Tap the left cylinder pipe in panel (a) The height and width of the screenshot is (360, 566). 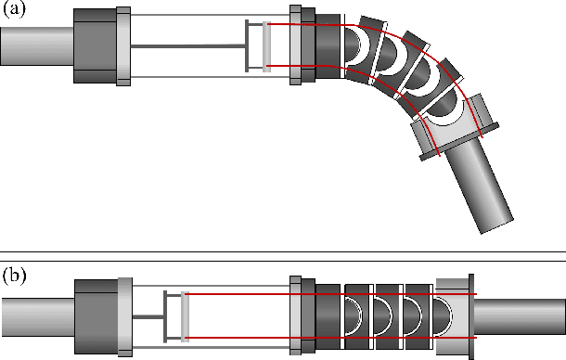[x=35, y=44]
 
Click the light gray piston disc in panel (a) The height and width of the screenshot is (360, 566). [x=267, y=45]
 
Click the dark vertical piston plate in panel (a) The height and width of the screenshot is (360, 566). [x=249, y=45]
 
